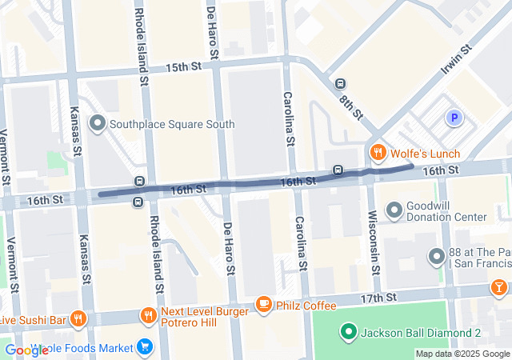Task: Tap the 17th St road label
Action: point(379,297)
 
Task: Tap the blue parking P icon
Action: point(454,118)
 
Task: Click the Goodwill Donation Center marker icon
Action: point(395,210)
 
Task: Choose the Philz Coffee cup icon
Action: point(263,304)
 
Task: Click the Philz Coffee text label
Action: point(307,304)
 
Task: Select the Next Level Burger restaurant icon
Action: point(147,315)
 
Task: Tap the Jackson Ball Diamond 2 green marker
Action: point(348,332)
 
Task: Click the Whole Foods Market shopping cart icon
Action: point(145,347)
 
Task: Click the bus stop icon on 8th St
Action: point(340,84)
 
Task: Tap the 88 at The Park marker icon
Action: point(437,257)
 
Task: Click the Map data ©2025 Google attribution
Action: point(462,354)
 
